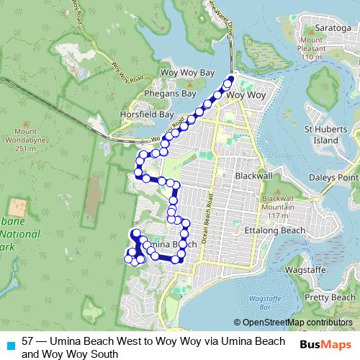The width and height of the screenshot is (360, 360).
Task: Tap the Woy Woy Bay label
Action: coord(187,73)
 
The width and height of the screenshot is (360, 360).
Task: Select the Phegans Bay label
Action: coord(170,94)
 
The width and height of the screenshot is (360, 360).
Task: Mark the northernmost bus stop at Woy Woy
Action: coord(232,79)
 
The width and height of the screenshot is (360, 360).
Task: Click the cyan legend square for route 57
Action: coord(9,344)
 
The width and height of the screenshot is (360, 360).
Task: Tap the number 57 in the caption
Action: coord(28,341)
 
